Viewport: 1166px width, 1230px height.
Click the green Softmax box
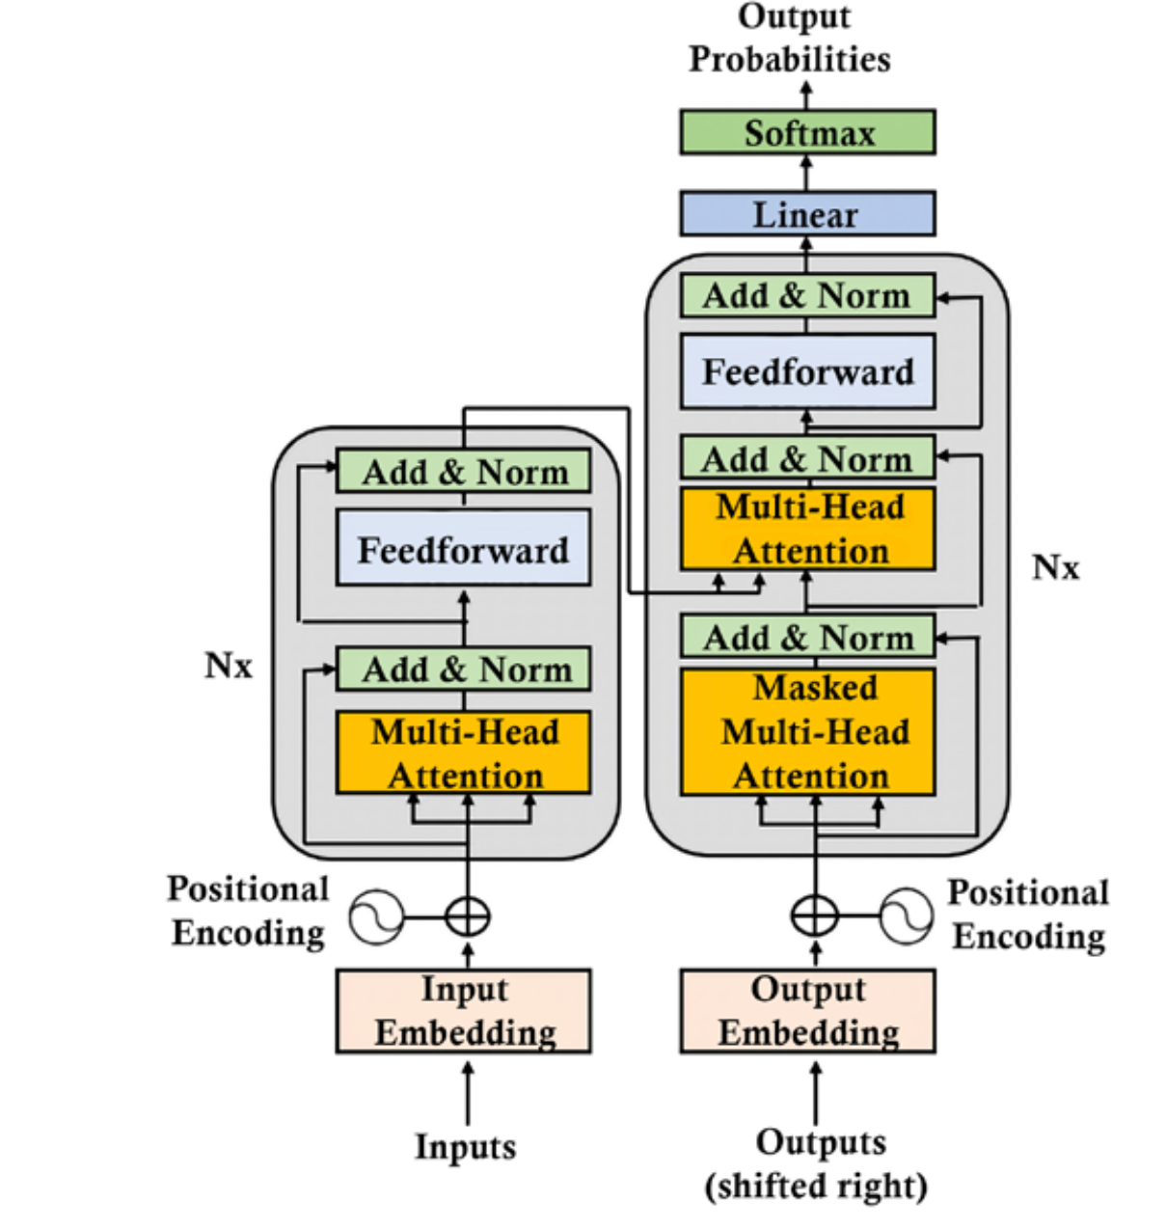pyautogui.click(x=807, y=132)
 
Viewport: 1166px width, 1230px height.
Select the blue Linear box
pyautogui.click(x=807, y=213)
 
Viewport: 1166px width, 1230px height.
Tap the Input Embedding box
pyautogui.click(x=463, y=1010)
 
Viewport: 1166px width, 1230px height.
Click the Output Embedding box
pyautogui.click(x=807, y=1010)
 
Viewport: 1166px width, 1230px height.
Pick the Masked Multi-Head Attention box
pyautogui.click(x=807, y=731)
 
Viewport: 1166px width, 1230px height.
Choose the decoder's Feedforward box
pyautogui.click(x=807, y=370)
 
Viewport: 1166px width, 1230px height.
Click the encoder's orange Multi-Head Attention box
pyautogui.click(x=463, y=752)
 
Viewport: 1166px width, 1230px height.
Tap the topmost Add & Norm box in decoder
pyautogui.click(x=807, y=295)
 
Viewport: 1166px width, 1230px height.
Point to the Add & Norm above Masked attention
pyautogui.click(x=807, y=637)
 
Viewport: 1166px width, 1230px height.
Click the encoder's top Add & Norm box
pyautogui.click(x=463, y=472)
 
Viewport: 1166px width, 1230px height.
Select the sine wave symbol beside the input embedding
pyautogui.click(x=376, y=916)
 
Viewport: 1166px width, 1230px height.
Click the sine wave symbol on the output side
pyautogui.click(x=907, y=916)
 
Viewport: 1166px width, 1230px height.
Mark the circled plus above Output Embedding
pyautogui.click(x=815, y=915)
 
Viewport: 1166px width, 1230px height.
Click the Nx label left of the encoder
pyautogui.click(x=229, y=666)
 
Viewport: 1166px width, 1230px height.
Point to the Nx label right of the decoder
pyautogui.click(x=1055, y=567)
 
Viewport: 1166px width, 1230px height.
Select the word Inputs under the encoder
pyautogui.click(x=465, y=1146)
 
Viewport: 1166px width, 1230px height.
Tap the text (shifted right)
pyautogui.click(x=816, y=1186)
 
